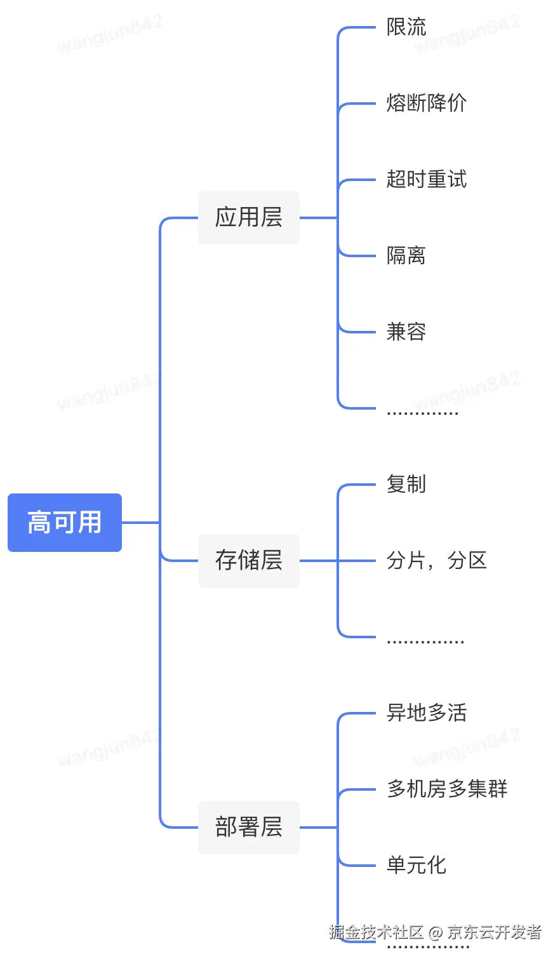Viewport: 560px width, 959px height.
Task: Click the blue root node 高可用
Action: pos(64,523)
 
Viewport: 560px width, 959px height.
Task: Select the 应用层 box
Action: pos(248,218)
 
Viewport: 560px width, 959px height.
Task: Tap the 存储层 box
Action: pos(248,561)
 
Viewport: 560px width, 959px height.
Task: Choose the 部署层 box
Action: pos(248,828)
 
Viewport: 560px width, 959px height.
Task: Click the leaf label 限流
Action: pos(406,27)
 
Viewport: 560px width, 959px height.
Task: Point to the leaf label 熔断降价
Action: pos(426,104)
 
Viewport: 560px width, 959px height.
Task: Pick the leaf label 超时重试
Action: pos(426,180)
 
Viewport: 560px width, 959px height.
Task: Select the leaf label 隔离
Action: pos(406,256)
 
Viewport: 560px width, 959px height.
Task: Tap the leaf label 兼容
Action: pos(406,332)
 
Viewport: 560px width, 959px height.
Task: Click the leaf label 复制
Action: pos(406,485)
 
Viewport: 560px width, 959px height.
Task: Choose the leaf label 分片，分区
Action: pos(436,561)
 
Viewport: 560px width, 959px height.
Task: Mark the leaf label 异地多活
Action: pos(426,713)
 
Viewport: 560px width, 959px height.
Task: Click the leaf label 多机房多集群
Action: pos(447,789)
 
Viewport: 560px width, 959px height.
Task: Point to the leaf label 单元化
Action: pos(417,866)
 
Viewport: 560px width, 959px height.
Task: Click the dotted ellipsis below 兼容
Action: pos(422,413)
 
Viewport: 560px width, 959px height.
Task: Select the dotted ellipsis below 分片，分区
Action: pos(425,641)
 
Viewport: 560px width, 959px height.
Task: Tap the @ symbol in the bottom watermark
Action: pos(435,932)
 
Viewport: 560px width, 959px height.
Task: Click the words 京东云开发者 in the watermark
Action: pos(494,932)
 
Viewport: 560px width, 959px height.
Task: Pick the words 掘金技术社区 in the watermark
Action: pos(376,932)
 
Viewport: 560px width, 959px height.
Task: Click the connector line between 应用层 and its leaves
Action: pos(318,218)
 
